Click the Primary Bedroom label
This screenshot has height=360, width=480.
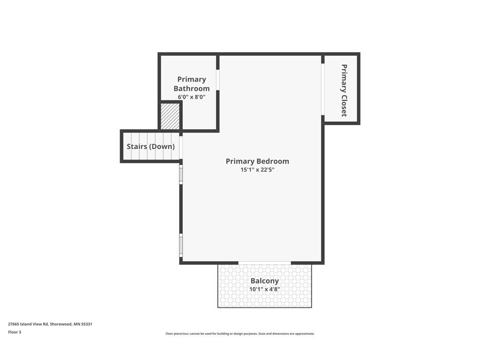(x=257, y=161)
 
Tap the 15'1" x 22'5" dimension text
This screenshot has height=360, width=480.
(x=257, y=170)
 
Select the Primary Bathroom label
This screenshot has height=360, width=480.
(x=192, y=84)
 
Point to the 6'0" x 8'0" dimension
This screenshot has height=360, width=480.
(x=192, y=97)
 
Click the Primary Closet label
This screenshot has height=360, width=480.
(x=344, y=90)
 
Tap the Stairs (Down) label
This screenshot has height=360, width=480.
(x=150, y=146)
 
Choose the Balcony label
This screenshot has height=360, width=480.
(x=264, y=281)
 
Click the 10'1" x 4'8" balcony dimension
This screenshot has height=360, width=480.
(x=264, y=289)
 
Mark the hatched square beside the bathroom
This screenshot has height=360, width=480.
(x=170, y=116)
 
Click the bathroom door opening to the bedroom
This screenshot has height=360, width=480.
(x=217, y=80)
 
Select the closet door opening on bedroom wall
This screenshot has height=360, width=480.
(x=322, y=89)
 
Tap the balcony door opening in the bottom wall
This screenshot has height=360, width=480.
(x=264, y=262)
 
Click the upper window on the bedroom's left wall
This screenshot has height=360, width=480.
(x=181, y=174)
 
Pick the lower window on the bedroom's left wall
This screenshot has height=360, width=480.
(x=181, y=246)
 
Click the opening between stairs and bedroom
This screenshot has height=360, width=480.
(x=181, y=148)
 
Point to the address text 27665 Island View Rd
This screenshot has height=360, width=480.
(x=28, y=324)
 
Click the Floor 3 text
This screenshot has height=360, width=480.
(x=15, y=332)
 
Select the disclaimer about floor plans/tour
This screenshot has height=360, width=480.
(x=240, y=334)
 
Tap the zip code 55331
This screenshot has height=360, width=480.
(x=87, y=324)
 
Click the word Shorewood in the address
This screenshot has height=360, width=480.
(x=61, y=324)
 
